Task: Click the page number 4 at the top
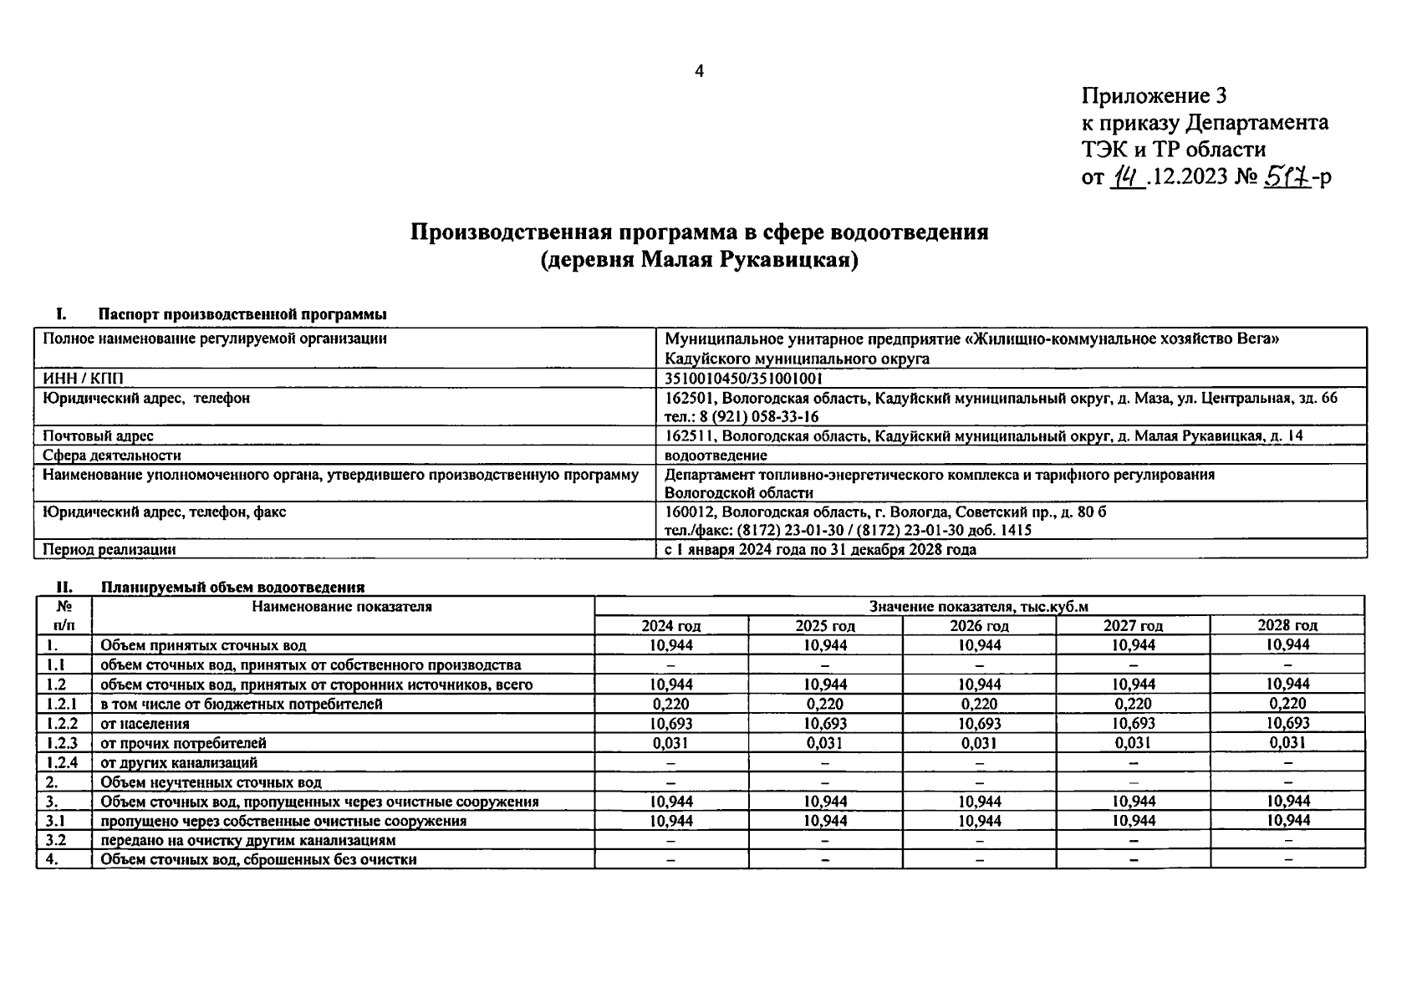click(699, 72)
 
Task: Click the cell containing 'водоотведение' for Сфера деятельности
click(716, 456)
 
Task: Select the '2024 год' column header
click(670, 625)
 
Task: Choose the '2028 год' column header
click(1287, 625)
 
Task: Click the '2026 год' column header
click(979, 625)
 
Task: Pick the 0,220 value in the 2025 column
click(824, 704)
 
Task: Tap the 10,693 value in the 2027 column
click(1134, 723)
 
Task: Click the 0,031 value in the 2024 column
click(670, 742)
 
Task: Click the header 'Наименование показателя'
click(342, 607)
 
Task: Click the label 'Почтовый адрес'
click(98, 436)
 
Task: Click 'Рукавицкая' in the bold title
click(791, 261)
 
